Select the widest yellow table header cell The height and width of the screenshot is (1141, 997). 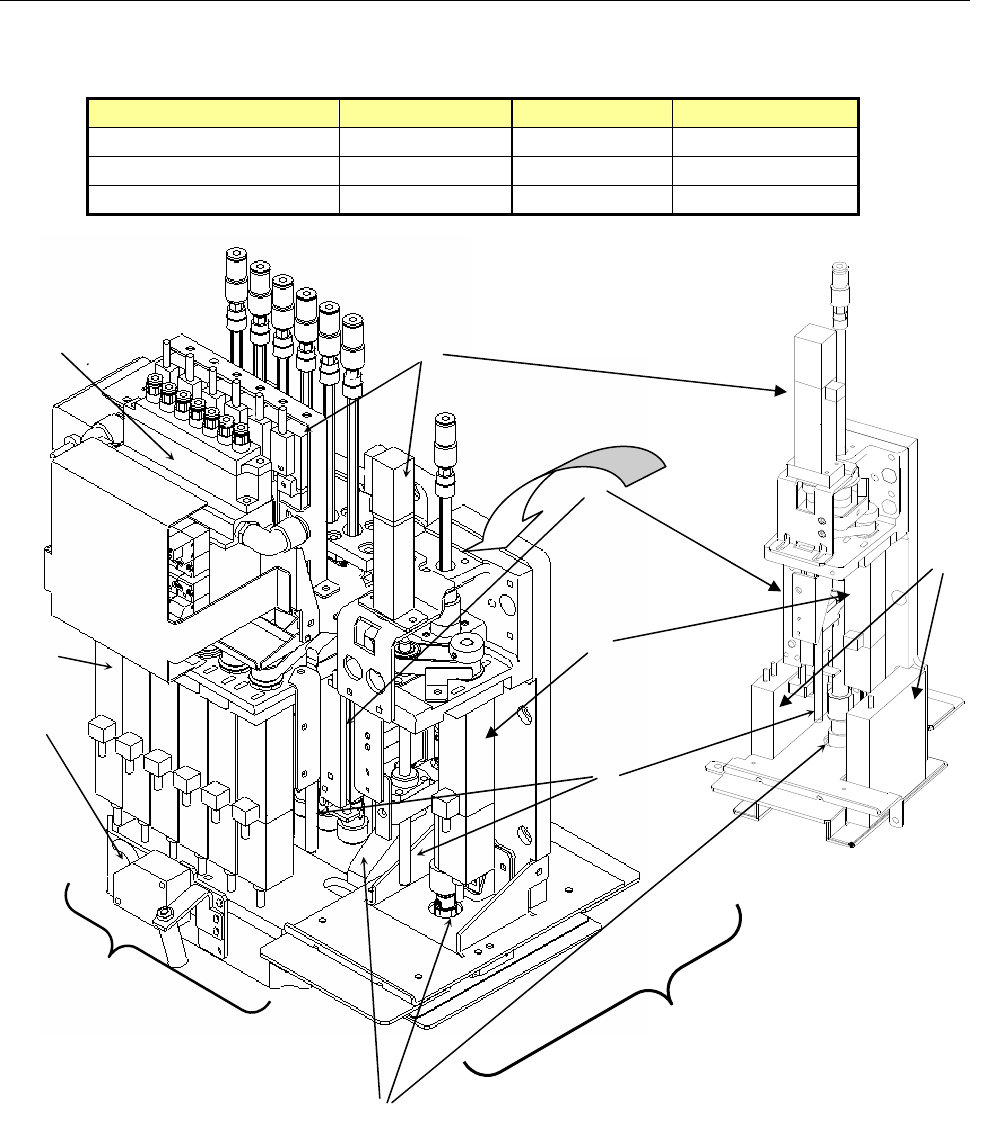click(212, 111)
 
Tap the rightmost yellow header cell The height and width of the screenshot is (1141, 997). click(765, 111)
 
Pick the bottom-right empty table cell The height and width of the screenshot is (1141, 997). click(765, 200)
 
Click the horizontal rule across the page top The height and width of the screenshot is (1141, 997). click(498, 2)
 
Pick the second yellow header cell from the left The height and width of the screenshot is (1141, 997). click(425, 111)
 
